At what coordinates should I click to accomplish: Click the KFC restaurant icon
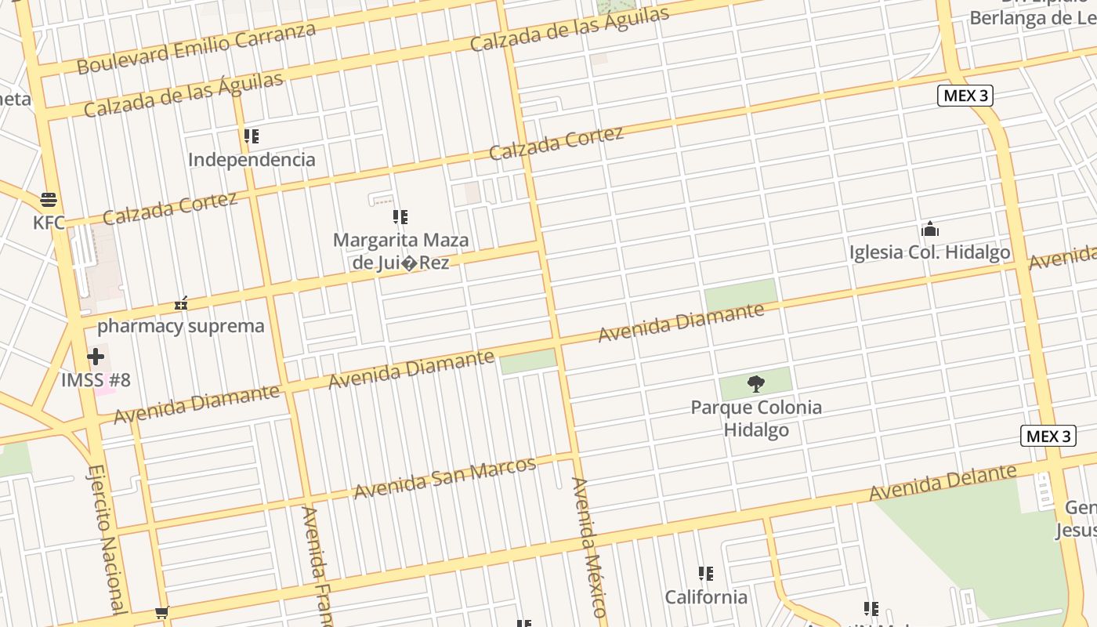[49, 199]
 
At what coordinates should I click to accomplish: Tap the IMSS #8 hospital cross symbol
[96, 357]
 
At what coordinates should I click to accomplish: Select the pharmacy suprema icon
[181, 303]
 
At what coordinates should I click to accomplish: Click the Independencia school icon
[252, 137]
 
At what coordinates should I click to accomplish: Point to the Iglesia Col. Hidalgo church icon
[930, 230]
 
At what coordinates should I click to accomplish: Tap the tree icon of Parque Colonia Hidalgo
[755, 383]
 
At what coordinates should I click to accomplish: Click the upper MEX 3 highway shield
[965, 96]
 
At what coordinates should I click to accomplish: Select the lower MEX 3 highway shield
[1048, 437]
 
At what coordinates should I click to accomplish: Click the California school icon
[706, 574]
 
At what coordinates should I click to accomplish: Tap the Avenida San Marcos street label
[444, 477]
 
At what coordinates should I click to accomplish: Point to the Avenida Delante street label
[943, 482]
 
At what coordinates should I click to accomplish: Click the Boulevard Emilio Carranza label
[196, 49]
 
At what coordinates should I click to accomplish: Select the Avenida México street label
[588, 545]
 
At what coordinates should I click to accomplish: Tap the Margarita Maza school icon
[400, 217]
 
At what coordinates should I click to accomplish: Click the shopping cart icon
[161, 612]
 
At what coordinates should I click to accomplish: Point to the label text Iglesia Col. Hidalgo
[929, 252]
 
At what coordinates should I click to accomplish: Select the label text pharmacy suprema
[181, 326]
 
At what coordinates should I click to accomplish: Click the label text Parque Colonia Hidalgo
[756, 419]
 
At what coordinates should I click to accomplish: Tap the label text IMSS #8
[96, 381]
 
